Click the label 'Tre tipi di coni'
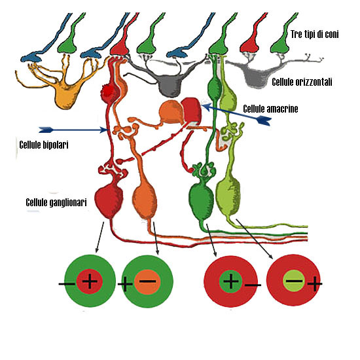click(314, 34)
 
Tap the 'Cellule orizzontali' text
click(302, 82)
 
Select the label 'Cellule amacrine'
click(270, 109)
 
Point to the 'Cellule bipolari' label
click(44, 145)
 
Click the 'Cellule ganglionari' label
click(56, 202)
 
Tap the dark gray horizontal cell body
click(170, 85)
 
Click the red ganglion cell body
click(109, 200)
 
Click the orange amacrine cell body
click(171, 113)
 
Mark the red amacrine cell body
click(192, 109)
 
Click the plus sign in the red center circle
click(90, 281)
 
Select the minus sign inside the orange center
click(147, 281)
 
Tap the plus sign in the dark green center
click(231, 281)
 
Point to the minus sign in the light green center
click(294, 281)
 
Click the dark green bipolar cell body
click(214, 88)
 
